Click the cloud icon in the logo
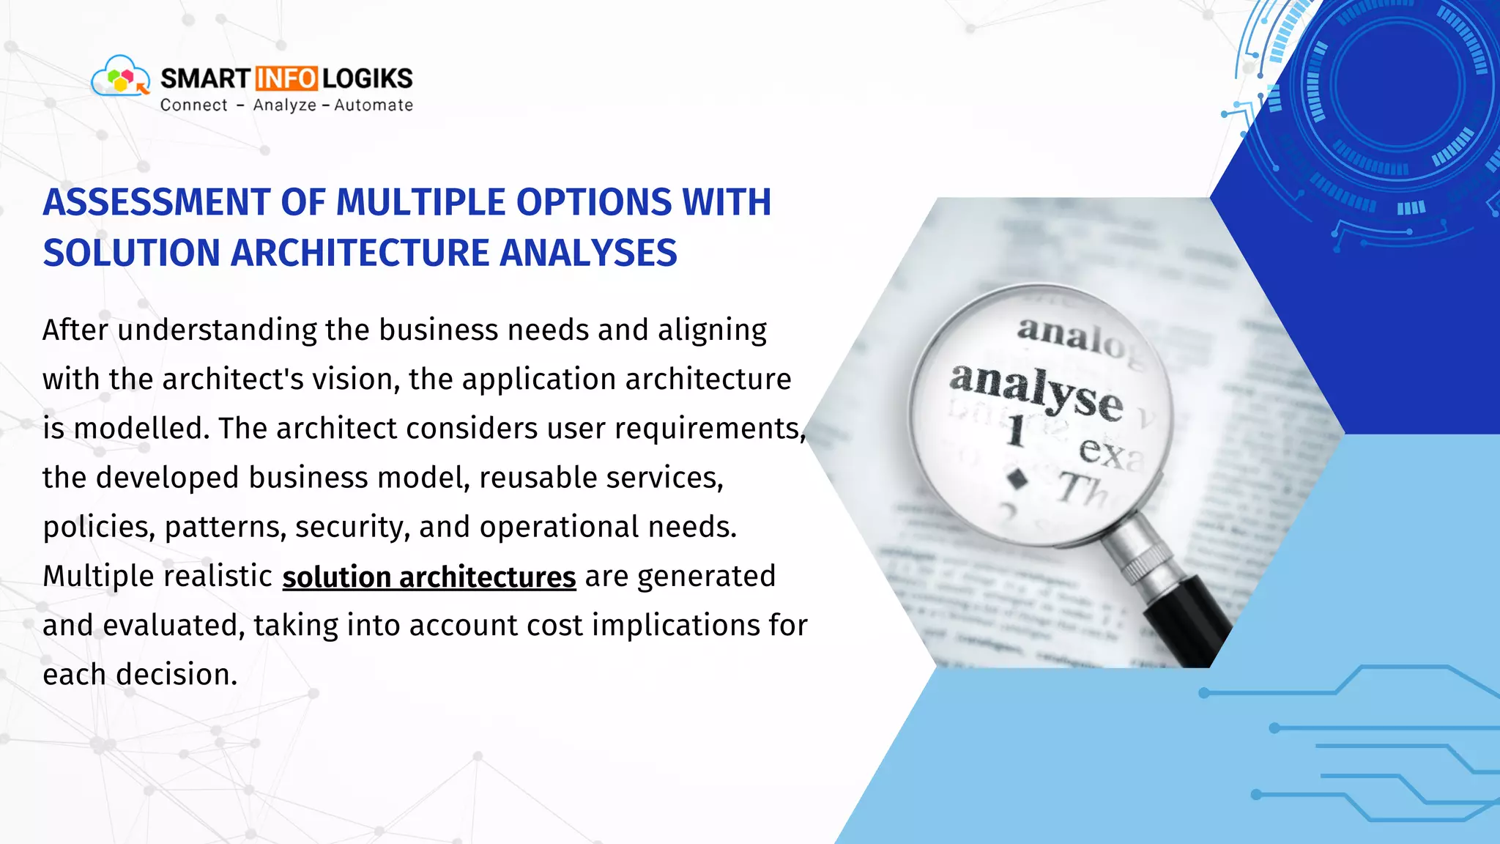click(119, 77)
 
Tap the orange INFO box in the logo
click(286, 78)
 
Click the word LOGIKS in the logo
click(368, 78)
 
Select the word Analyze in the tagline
click(285, 105)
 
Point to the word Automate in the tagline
click(374, 105)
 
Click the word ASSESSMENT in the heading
click(157, 202)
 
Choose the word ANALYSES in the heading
click(588, 253)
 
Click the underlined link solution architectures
click(429, 577)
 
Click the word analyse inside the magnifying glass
click(1036, 390)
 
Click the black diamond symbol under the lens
click(1017, 479)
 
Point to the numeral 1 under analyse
click(1015, 430)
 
